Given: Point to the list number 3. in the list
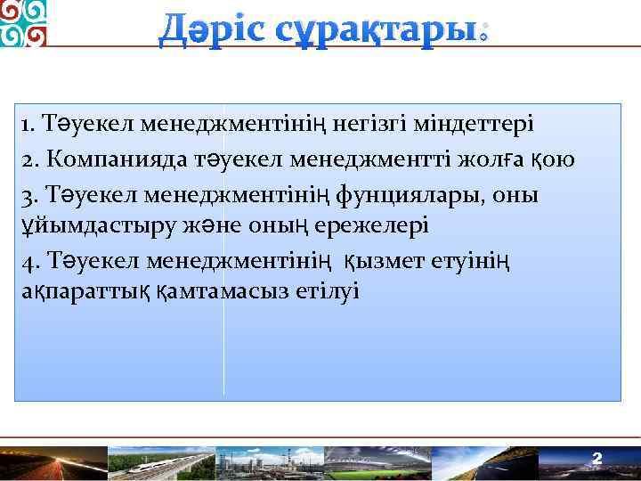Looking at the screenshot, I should [31, 193].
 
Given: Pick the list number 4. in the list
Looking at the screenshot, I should [31, 261].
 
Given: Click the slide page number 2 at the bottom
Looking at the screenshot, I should [597, 459].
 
